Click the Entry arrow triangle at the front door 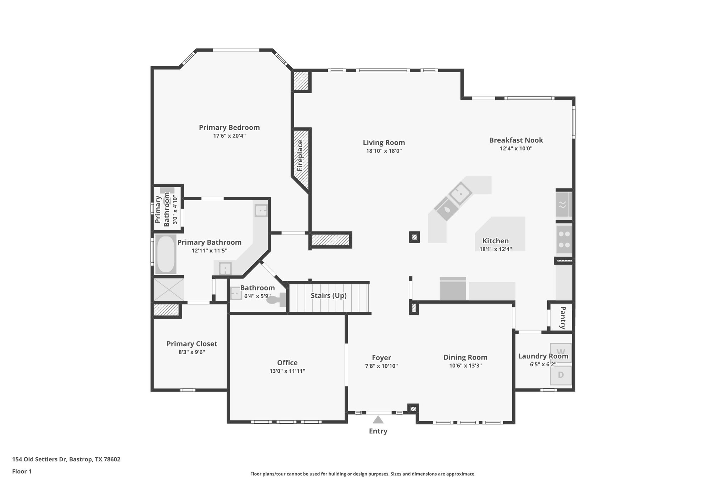pyautogui.click(x=378, y=420)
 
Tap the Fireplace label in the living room pyautogui.click(x=300, y=156)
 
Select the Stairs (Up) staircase pyautogui.click(x=329, y=296)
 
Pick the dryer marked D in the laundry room pyautogui.click(x=560, y=375)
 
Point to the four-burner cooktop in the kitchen pyautogui.click(x=564, y=239)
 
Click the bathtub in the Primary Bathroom pyautogui.click(x=166, y=254)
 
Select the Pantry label pyautogui.click(x=562, y=317)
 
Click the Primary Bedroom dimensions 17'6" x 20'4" pyautogui.click(x=229, y=136)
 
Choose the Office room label pyautogui.click(x=287, y=362)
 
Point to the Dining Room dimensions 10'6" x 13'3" pyautogui.click(x=465, y=366)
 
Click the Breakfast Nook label pyautogui.click(x=516, y=140)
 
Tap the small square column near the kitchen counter pyautogui.click(x=414, y=237)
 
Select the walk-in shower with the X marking pyautogui.click(x=168, y=289)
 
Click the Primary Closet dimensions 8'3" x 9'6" pyautogui.click(x=191, y=352)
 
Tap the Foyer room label pyautogui.click(x=381, y=358)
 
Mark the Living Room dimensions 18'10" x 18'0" pyautogui.click(x=384, y=151)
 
